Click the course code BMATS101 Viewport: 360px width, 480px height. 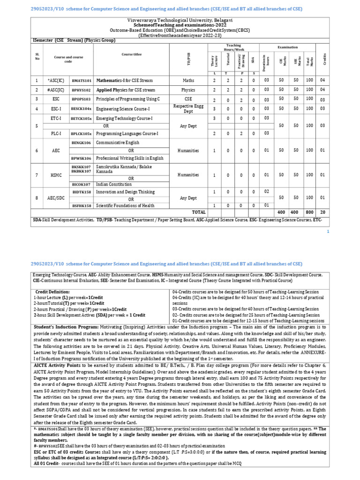[82, 80]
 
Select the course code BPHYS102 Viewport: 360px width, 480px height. [82, 90]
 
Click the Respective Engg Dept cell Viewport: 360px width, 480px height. [188, 108]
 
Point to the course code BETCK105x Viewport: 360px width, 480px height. [82, 119]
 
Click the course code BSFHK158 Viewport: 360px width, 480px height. [82, 205]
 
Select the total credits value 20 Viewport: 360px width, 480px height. [322, 212]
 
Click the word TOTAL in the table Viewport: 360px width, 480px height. [199, 212]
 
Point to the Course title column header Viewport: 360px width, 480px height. [131, 54]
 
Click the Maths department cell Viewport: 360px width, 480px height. [188, 80]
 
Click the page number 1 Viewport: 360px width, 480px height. [328, 232]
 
